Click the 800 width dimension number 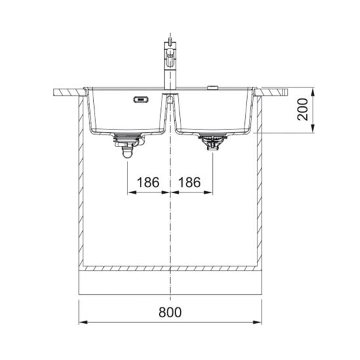[170, 312]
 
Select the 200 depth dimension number [303, 109]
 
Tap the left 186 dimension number [148, 182]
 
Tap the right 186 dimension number [189, 182]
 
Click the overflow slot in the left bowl [141, 100]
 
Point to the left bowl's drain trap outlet [127, 152]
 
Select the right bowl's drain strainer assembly [213, 142]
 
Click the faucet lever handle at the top [170, 41]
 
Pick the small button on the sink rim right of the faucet [213, 87]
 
